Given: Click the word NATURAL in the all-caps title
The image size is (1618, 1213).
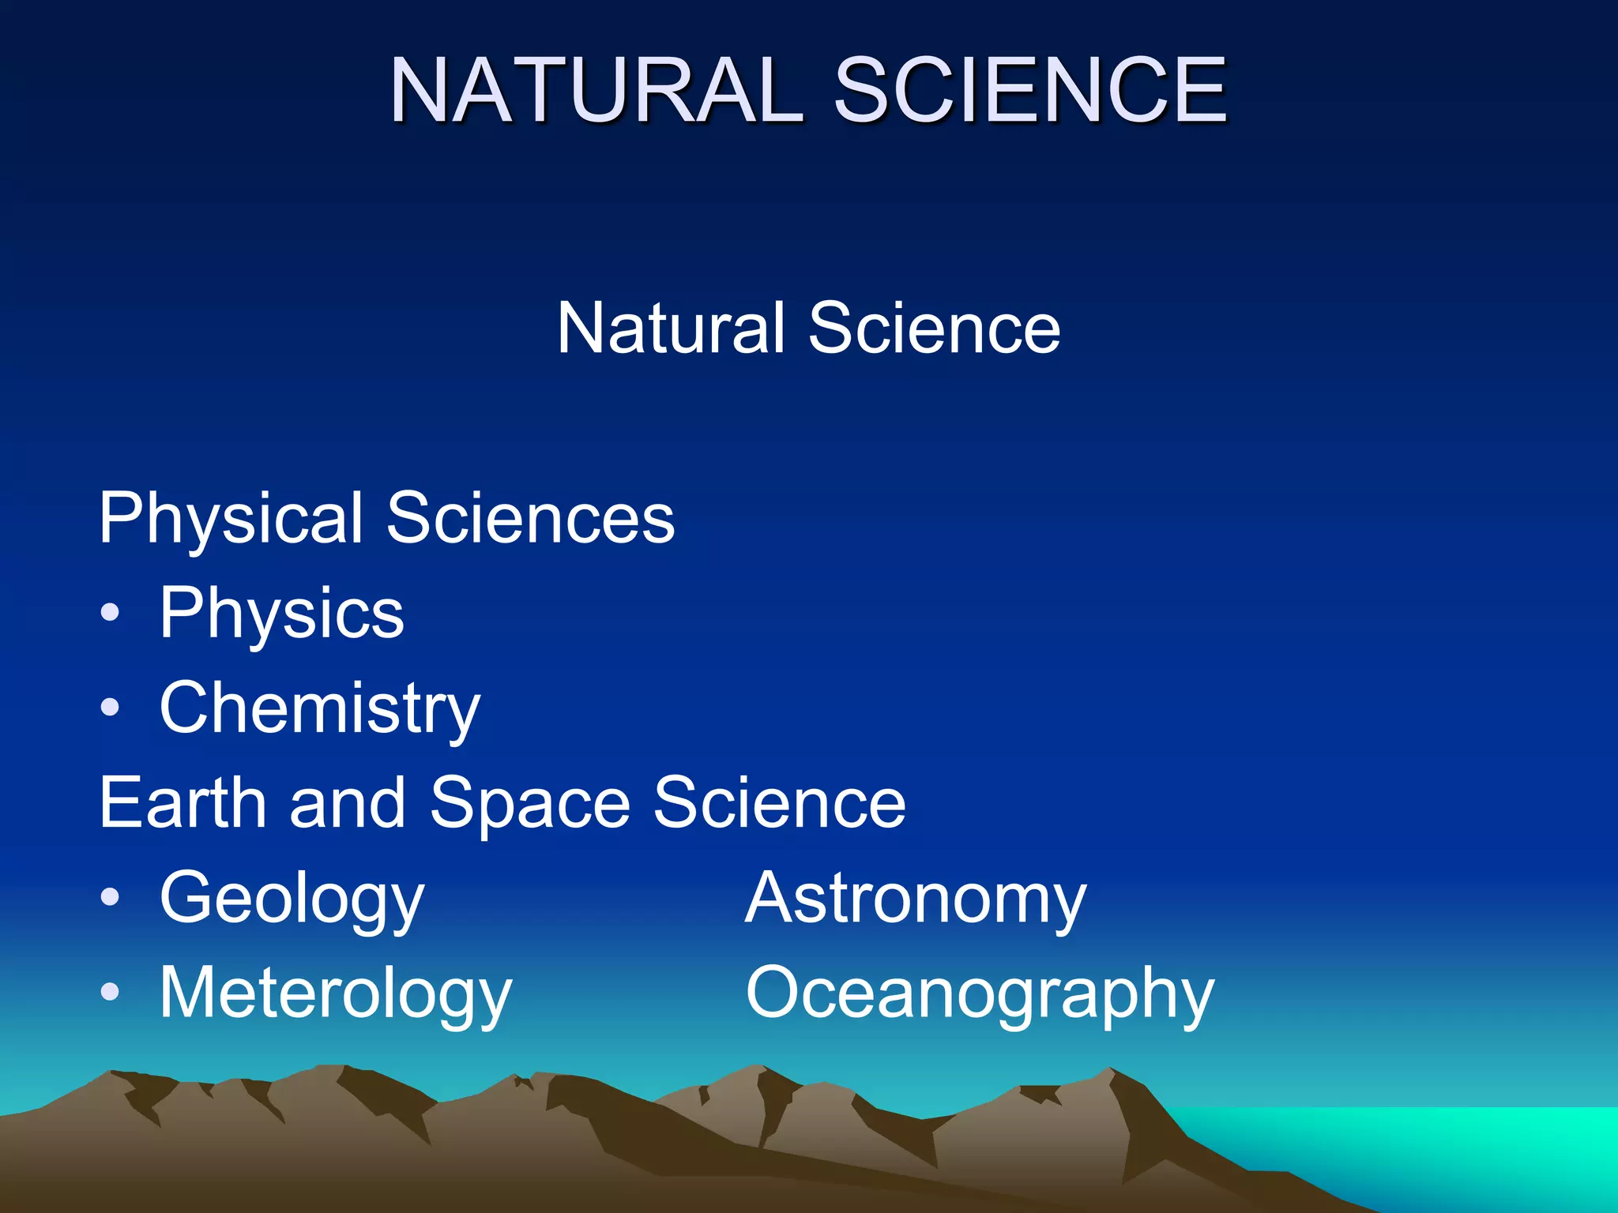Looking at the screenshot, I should pyautogui.click(x=596, y=90).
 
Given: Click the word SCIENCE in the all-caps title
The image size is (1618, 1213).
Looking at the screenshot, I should pyautogui.click(x=1030, y=90).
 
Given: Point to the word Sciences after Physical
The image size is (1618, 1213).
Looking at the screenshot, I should pyautogui.click(x=530, y=518).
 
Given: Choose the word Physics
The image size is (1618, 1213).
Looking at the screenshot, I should pyautogui.click(x=281, y=614).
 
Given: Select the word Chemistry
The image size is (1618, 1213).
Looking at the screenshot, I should pyautogui.click(x=319, y=709).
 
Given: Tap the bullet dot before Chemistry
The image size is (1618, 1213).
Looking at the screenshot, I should pyautogui.click(x=111, y=707).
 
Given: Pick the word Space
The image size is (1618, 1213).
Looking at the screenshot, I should pyautogui.click(x=529, y=804).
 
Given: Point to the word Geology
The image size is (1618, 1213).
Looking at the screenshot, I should pyautogui.click(x=292, y=899).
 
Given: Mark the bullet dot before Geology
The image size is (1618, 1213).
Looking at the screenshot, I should pyautogui.click(x=111, y=896).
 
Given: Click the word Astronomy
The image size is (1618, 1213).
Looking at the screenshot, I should pyautogui.click(x=916, y=899).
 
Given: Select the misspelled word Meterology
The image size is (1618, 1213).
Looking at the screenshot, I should pyautogui.click(x=336, y=994).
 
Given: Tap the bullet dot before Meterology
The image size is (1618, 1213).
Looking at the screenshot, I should pyautogui.click(x=111, y=991).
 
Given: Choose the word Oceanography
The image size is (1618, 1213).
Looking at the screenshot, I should pyautogui.click(x=980, y=994).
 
